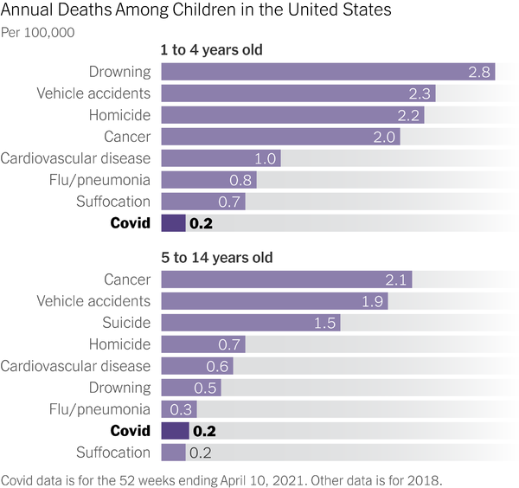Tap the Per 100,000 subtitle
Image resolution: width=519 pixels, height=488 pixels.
(37, 33)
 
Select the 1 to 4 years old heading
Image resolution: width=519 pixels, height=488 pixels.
(212, 50)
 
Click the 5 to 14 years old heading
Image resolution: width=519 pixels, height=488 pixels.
(216, 258)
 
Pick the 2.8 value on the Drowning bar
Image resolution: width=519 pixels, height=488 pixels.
(480, 72)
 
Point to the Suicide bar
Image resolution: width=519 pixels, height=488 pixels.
(251, 323)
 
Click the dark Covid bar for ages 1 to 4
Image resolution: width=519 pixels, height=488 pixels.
(173, 223)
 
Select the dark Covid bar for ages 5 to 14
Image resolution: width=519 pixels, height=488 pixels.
(175, 431)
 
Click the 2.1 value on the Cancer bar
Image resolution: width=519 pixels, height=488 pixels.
(396, 279)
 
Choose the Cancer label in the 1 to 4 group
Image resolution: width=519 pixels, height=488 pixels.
(127, 137)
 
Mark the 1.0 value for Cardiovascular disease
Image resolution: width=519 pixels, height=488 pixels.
(266, 158)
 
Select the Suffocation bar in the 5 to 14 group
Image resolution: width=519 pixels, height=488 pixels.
(173, 453)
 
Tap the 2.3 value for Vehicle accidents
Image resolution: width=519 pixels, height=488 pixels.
(420, 93)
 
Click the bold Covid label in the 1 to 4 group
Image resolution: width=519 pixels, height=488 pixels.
(130, 223)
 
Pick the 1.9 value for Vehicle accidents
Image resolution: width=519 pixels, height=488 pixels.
(373, 301)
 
